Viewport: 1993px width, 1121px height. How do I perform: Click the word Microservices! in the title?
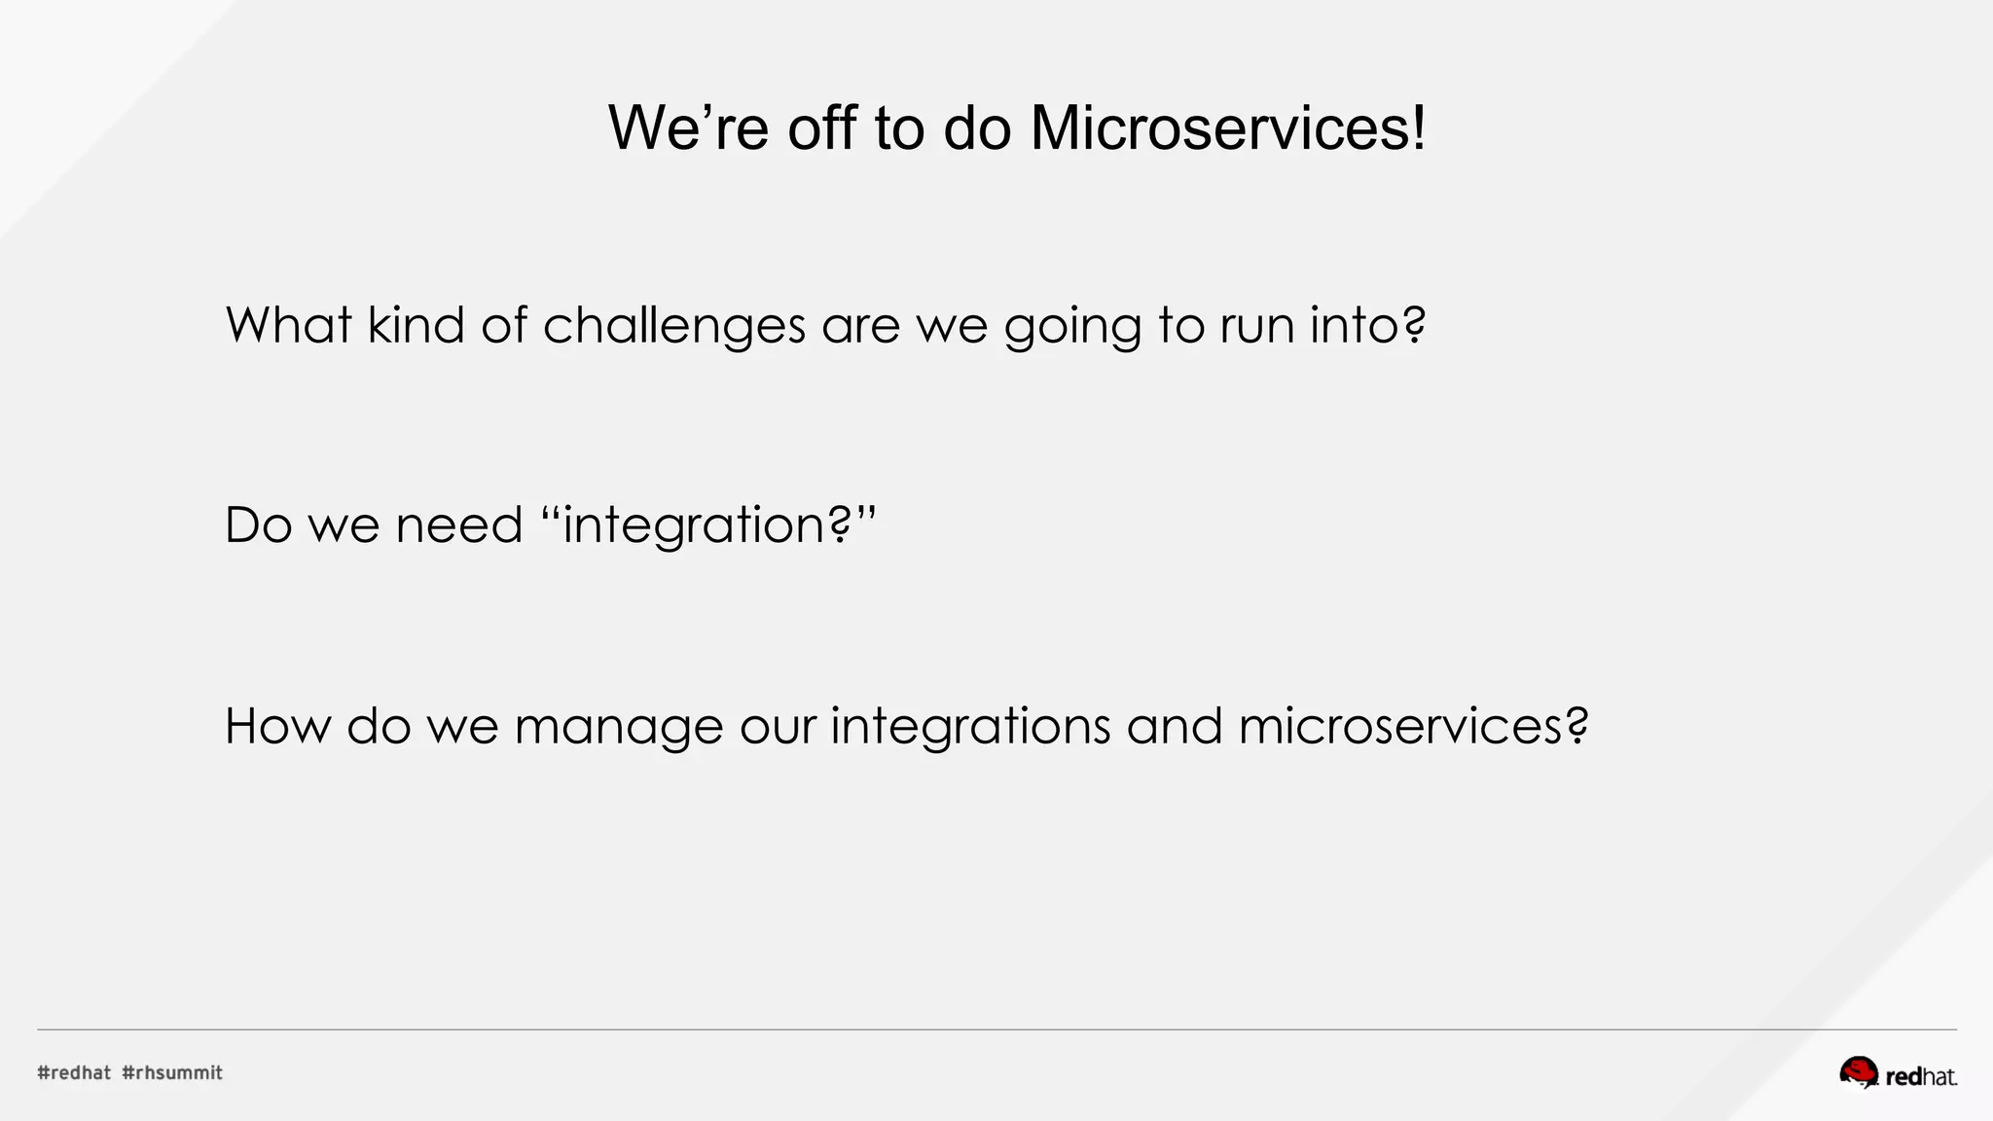click(1228, 127)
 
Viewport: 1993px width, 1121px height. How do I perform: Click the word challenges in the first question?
click(673, 326)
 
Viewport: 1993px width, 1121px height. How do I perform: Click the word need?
click(459, 525)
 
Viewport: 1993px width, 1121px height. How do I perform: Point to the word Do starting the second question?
click(258, 525)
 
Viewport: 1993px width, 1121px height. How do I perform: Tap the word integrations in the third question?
click(970, 726)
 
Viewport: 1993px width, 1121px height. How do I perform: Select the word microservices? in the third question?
click(1413, 726)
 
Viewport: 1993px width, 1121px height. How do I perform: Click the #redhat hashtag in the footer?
click(74, 1072)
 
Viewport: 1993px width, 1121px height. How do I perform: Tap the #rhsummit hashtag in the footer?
click(172, 1072)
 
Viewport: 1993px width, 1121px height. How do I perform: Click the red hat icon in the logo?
click(1858, 1072)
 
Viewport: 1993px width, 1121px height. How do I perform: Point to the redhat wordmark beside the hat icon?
click(1921, 1077)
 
